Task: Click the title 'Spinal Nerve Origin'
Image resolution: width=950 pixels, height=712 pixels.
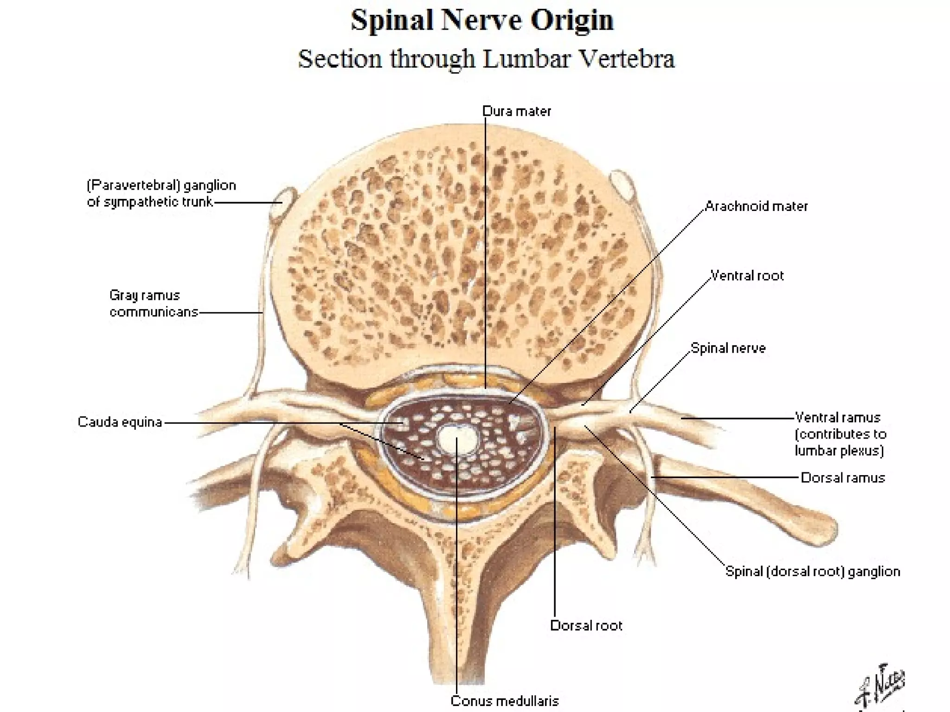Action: point(482,20)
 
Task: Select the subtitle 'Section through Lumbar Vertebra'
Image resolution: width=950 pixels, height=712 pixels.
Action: point(486,59)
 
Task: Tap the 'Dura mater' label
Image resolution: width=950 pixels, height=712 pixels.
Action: point(516,111)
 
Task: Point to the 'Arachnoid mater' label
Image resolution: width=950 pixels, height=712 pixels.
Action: point(756,206)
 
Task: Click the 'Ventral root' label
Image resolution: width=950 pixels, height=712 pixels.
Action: point(747,276)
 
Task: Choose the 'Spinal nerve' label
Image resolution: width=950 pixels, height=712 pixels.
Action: point(728,348)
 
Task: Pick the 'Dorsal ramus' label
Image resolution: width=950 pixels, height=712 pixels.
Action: point(843,478)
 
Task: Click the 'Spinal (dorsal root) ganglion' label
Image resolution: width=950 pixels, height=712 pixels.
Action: point(813,572)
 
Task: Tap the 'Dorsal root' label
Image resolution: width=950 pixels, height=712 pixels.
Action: point(586,626)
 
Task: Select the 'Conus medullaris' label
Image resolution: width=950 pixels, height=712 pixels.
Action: point(505,701)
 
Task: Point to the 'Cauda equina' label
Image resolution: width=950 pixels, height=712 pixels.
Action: point(120,422)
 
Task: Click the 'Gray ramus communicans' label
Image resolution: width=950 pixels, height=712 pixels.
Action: point(153,304)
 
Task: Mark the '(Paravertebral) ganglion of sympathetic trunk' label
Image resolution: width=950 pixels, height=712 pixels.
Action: point(161,194)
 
